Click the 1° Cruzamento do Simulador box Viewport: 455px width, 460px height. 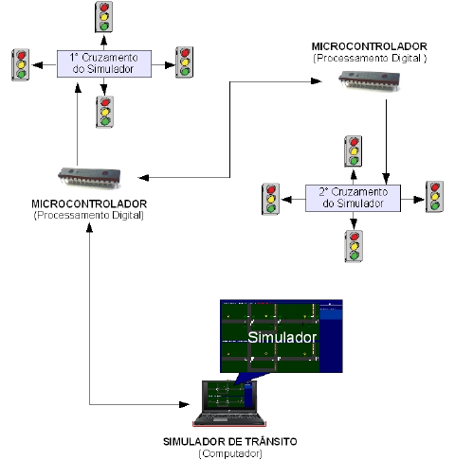[x=104, y=63]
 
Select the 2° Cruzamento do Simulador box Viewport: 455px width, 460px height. [x=353, y=198]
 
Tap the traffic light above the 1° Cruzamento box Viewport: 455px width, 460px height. [x=103, y=17]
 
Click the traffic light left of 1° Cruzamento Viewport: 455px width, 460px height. [x=21, y=64]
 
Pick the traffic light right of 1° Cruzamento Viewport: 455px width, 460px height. [x=185, y=62]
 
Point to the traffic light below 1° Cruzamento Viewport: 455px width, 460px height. [x=105, y=112]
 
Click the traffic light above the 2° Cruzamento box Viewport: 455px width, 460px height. [x=354, y=151]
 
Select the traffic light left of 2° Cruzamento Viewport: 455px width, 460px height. [x=271, y=199]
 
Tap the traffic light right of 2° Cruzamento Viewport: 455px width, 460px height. [x=435, y=197]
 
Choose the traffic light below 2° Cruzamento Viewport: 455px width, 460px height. [x=354, y=246]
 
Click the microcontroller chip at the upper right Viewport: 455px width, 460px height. [x=369, y=81]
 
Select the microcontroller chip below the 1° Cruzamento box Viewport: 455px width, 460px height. [x=89, y=178]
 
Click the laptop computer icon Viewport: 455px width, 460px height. [x=229, y=403]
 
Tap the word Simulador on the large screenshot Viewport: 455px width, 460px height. [x=282, y=337]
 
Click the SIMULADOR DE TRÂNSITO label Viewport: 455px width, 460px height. [x=230, y=441]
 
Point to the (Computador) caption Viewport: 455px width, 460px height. [x=230, y=453]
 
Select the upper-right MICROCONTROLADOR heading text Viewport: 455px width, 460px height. [x=370, y=46]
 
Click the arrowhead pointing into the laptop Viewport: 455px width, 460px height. [x=184, y=404]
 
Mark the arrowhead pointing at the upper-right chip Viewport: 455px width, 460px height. [x=316, y=81]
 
